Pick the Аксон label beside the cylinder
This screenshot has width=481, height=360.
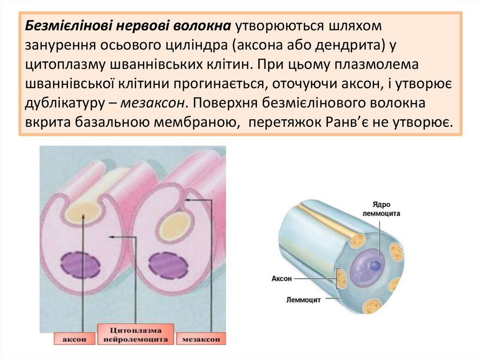pyautogui.click(x=282, y=278)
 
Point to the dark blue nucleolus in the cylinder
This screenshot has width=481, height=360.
pyautogui.click(x=374, y=266)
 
